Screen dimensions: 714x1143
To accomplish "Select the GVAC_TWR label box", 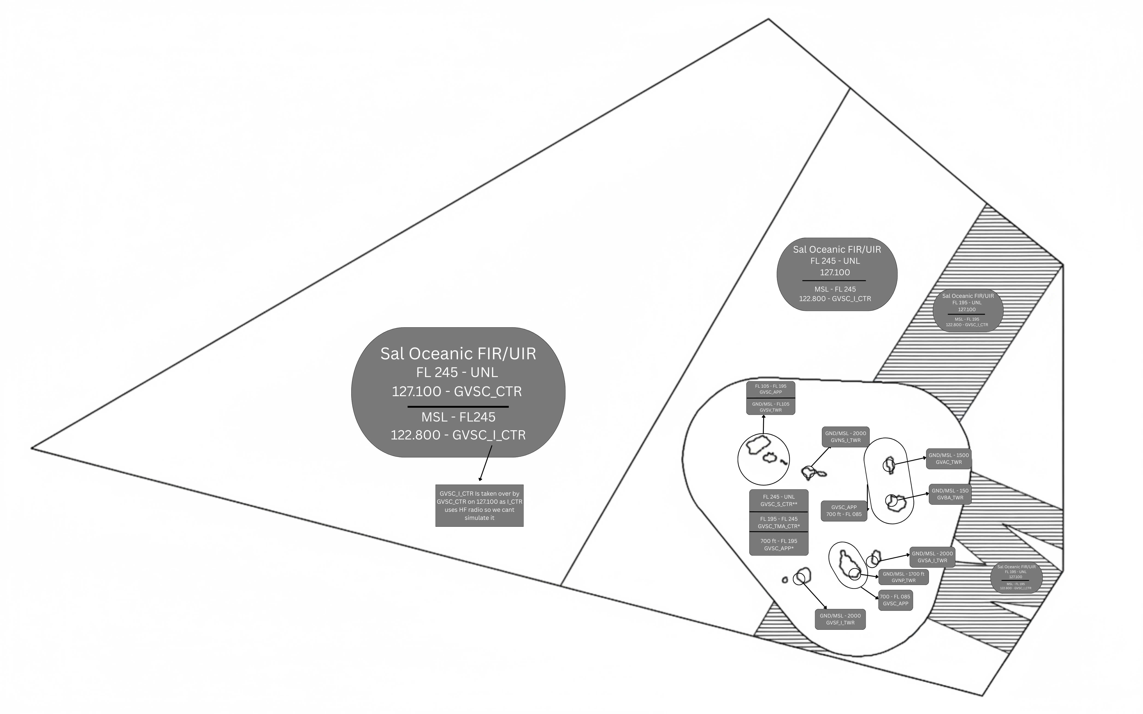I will point(948,459).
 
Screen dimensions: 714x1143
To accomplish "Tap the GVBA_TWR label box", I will point(950,494).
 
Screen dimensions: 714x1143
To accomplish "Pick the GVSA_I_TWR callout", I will point(932,557).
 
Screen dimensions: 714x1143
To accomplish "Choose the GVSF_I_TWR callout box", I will point(840,619).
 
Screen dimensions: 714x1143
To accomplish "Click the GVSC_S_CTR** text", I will point(779,504).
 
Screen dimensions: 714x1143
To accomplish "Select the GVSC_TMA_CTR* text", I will point(779,526).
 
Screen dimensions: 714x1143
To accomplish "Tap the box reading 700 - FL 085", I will point(895,600).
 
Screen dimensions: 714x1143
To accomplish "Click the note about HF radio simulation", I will point(479,505).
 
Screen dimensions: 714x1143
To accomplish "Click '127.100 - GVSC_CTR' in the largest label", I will point(457,392).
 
